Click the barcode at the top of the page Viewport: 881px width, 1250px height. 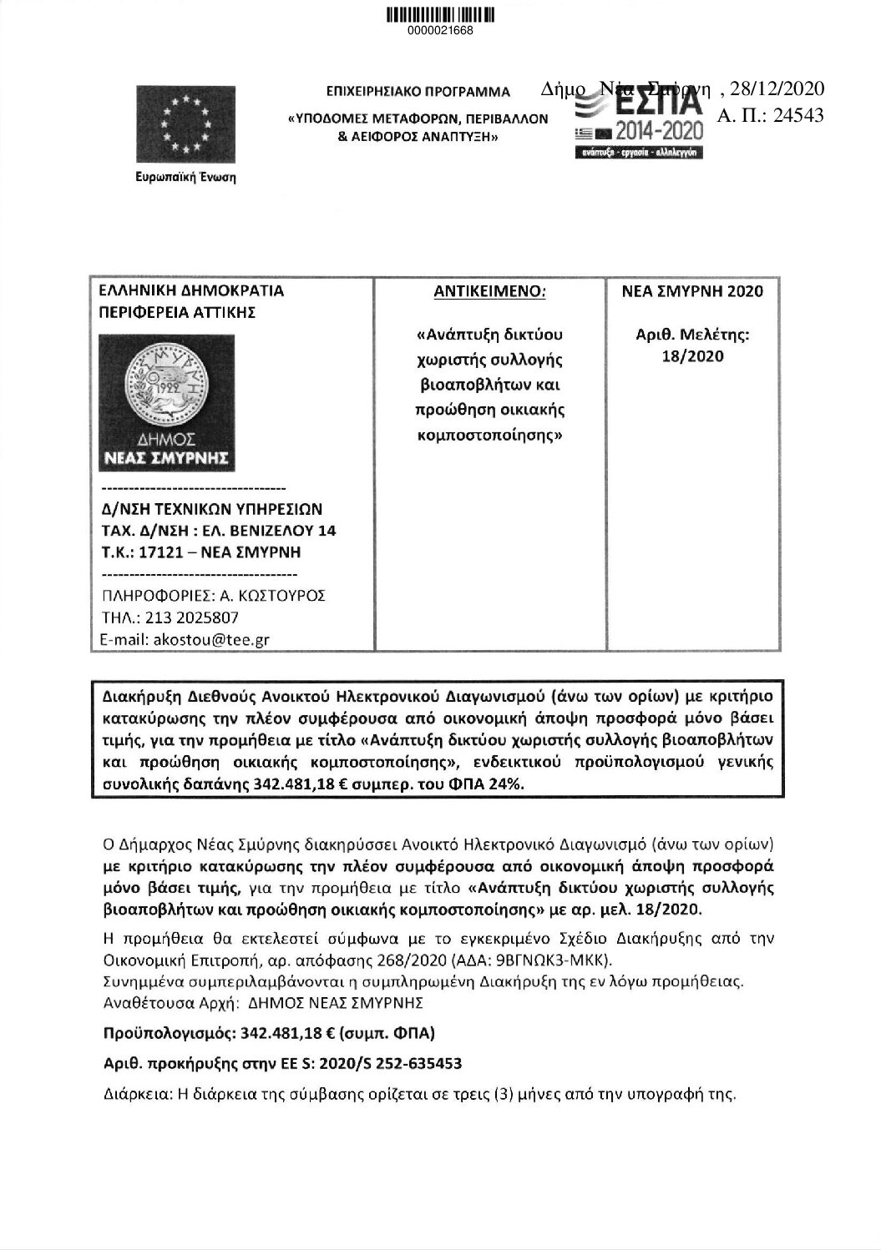[x=440, y=15]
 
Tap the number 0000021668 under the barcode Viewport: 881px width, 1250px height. [x=440, y=32]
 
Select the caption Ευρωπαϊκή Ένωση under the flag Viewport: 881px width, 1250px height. [x=186, y=178]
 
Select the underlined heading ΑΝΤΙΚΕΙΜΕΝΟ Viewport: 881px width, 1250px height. [x=490, y=291]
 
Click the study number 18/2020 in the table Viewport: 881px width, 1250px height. [x=692, y=356]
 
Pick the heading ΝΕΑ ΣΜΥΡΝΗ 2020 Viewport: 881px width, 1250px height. [x=692, y=291]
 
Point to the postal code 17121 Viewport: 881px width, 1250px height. [x=160, y=552]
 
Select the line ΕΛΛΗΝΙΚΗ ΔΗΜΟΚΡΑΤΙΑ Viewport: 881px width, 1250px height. [x=191, y=291]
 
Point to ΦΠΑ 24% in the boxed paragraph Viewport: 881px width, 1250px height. [x=493, y=785]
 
